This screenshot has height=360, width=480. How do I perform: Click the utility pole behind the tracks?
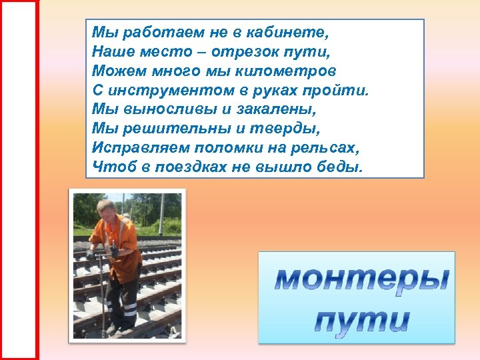[123, 206]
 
